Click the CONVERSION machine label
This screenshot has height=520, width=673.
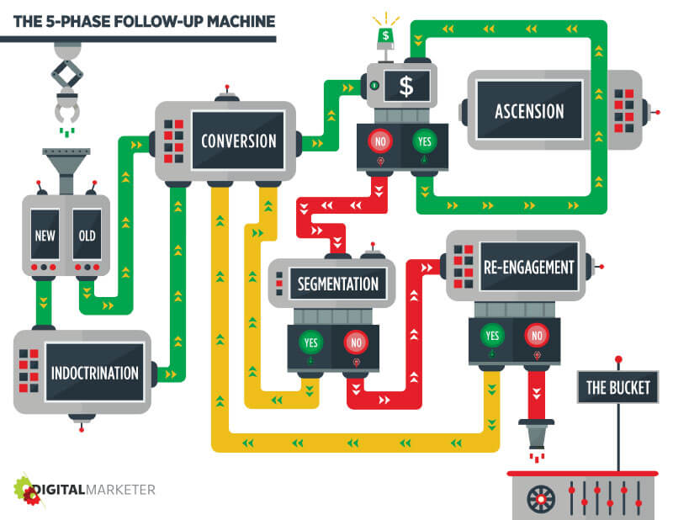(x=239, y=141)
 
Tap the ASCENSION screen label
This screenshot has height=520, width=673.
(x=529, y=111)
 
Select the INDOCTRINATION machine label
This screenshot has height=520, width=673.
(x=93, y=371)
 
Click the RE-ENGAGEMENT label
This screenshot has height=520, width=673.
(x=528, y=268)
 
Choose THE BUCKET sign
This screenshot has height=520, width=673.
(x=617, y=388)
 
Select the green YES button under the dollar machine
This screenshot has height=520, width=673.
(x=423, y=141)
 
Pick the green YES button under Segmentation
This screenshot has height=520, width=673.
(x=310, y=342)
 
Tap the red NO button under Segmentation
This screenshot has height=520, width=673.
(x=357, y=342)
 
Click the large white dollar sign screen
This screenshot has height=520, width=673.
(x=406, y=86)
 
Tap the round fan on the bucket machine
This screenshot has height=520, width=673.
(x=540, y=498)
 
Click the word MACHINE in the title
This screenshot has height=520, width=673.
(x=231, y=18)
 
